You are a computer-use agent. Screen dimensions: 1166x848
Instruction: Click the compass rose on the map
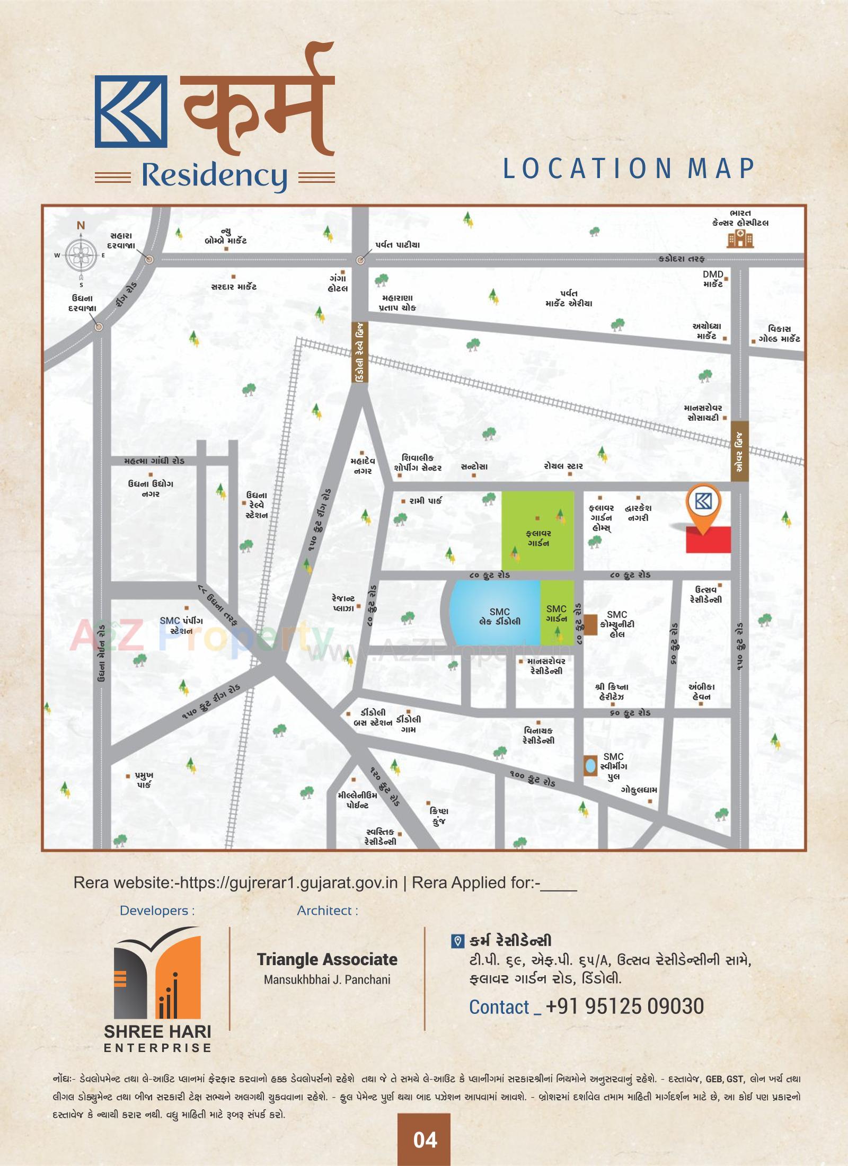point(81,256)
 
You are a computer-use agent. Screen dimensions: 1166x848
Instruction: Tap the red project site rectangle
point(708,540)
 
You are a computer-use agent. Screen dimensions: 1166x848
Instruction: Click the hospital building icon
point(740,240)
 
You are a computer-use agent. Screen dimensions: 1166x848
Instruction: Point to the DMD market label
point(713,279)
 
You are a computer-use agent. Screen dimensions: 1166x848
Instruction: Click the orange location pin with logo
point(703,506)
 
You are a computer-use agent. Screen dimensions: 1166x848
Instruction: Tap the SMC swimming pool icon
point(589,766)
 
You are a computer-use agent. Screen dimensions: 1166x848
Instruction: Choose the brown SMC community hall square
point(590,624)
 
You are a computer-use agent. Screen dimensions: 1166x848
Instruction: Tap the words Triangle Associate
point(327,959)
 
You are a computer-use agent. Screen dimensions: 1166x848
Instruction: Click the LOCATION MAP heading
point(628,169)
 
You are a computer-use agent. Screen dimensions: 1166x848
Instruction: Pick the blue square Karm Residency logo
point(131,111)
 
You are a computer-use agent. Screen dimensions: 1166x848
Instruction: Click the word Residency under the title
point(214,175)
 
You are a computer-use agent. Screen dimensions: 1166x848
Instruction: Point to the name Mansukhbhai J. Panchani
point(327,979)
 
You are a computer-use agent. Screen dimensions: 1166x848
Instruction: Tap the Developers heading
point(157,911)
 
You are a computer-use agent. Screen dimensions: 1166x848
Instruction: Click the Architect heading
point(327,911)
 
